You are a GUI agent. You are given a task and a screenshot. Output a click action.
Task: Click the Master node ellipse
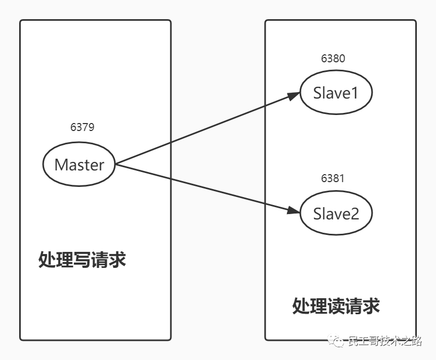79,164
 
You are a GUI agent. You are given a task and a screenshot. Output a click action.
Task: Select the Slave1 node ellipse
335,93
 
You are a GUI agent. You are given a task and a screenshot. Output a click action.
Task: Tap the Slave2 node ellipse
335,214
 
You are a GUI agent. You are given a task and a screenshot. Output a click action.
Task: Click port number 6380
333,59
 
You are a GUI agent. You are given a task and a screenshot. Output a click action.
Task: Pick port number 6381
333,178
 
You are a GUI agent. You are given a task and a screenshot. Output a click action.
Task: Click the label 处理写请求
82,260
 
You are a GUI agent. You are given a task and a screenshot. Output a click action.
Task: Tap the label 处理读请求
336,306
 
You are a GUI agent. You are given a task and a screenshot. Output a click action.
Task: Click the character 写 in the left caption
82,260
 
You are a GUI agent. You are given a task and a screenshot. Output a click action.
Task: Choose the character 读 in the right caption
336,306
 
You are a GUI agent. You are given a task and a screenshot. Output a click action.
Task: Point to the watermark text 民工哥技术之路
384,341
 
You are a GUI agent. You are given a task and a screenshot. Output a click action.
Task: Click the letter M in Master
61,165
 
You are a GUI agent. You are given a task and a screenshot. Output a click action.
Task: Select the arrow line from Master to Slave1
202,129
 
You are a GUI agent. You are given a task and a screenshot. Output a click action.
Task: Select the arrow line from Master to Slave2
202,187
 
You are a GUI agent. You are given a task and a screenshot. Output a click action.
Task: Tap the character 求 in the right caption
371,306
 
